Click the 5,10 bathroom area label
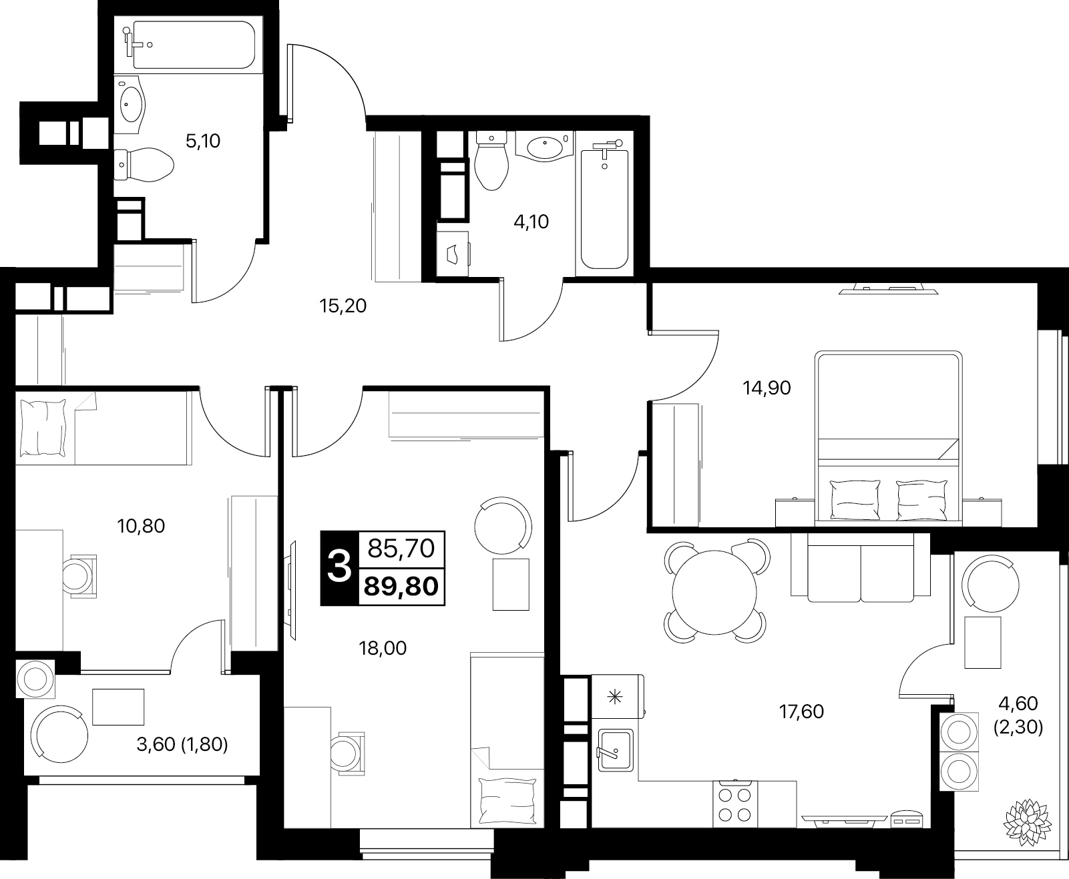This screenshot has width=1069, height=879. [x=203, y=141]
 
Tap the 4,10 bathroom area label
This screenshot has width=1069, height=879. [x=531, y=222]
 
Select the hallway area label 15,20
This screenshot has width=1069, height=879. [x=343, y=306]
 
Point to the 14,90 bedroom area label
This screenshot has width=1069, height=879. [x=767, y=388]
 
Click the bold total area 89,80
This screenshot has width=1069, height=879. [x=401, y=587]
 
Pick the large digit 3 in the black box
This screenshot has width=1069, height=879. [x=339, y=567]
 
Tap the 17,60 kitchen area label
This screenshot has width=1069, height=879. [x=801, y=711]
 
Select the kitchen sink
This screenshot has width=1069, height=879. [x=616, y=750]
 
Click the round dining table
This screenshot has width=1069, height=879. [x=714, y=592]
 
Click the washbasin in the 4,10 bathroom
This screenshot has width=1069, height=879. [x=544, y=147]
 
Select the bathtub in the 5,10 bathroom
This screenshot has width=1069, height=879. [x=188, y=45]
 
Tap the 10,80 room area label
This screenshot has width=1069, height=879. [x=141, y=526]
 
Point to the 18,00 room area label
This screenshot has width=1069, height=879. [x=383, y=648]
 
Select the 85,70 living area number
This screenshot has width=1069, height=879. [x=401, y=548]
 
